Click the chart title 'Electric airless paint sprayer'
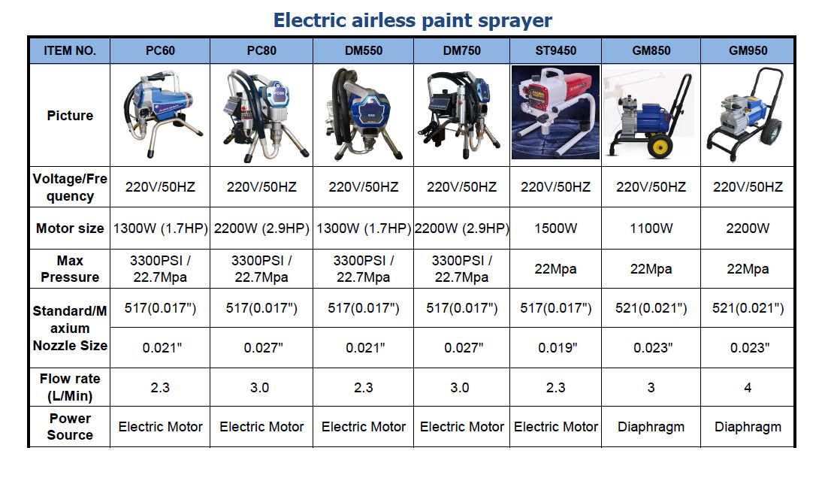point(412,20)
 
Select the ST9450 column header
point(555,50)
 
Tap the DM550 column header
point(364,50)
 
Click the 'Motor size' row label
point(70,228)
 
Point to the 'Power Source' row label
point(70,427)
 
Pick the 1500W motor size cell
point(555,228)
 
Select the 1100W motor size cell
point(651,228)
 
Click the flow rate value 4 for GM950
point(748,388)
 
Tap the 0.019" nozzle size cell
point(558,347)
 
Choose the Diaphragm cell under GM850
point(651,427)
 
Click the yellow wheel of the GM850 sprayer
point(660,147)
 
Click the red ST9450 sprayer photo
point(555,112)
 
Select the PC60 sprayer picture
point(161,115)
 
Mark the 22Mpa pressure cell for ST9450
point(555,269)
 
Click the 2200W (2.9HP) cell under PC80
point(261,228)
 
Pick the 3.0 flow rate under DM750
point(459,388)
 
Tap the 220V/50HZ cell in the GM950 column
point(748,187)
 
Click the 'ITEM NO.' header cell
point(69,50)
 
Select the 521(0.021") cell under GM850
point(651,308)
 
